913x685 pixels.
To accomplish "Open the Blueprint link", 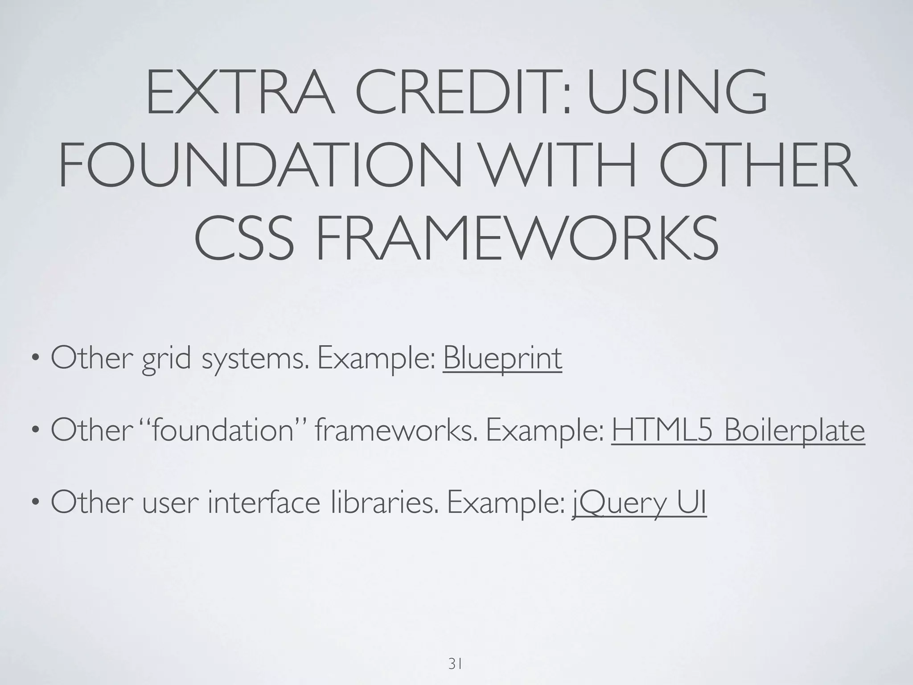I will tap(502, 358).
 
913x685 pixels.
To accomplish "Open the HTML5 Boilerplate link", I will tap(738, 430).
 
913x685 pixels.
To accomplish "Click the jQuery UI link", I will tap(639, 503).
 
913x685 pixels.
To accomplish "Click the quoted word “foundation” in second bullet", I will tap(222, 430).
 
